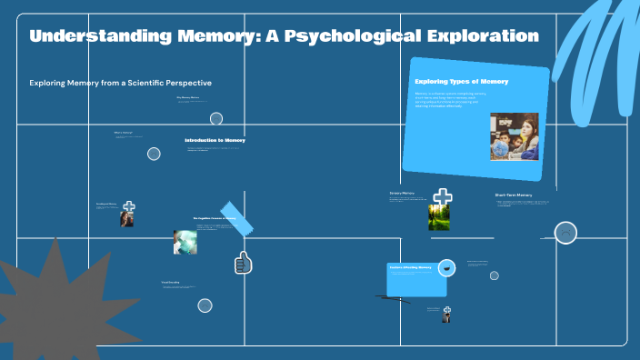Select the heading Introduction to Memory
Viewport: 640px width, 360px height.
pyautogui.click(x=215, y=140)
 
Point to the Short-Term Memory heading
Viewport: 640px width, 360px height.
pyautogui.click(x=514, y=195)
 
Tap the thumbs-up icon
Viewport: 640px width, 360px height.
pyautogui.click(x=243, y=263)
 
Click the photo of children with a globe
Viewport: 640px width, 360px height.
pyautogui.click(x=514, y=136)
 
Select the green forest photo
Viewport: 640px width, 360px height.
pyautogui.click(x=441, y=217)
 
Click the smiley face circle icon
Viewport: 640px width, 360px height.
pyautogui.click(x=565, y=234)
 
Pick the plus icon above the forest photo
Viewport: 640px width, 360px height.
pyautogui.click(x=443, y=196)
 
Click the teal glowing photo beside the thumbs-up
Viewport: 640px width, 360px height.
pyautogui.click(x=185, y=242)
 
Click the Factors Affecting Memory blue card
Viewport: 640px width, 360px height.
pyautogui.click(x=415, y=279)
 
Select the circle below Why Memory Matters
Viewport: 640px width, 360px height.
pyautogui.click(x=216, y=118)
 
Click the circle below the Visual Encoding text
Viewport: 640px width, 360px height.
pyautogui.click(x=205, y=305)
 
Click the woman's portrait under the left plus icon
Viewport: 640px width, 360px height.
pyautogui.click(x=127, y=219)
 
